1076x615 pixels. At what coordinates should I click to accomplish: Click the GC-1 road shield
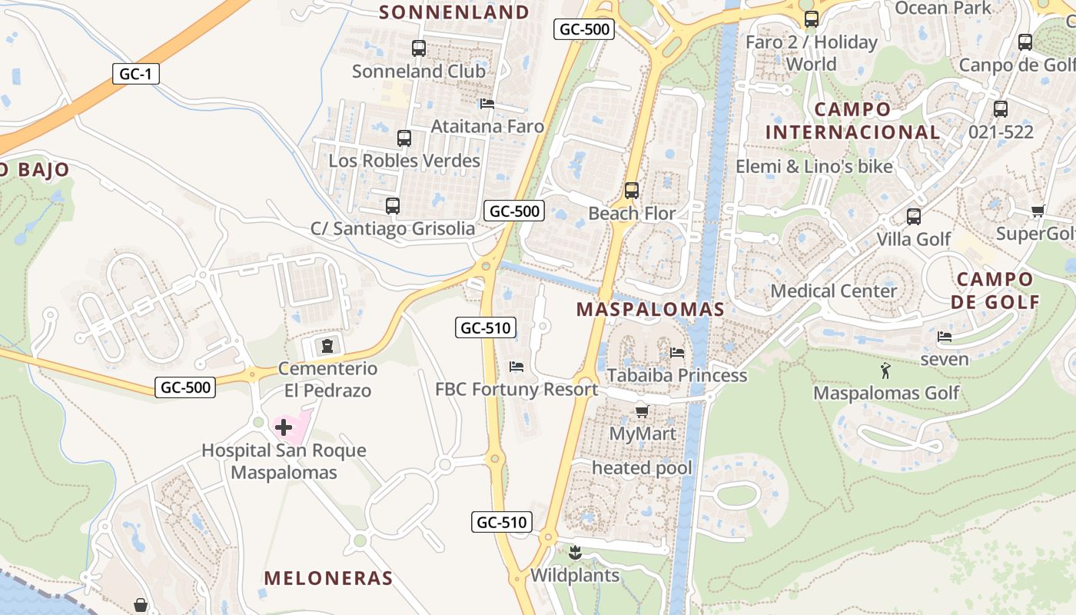(x=134, y=74)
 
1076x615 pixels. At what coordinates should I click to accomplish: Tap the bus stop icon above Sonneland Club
(x=418, y=48)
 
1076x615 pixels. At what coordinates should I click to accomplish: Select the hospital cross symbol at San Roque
(x=284, y=427)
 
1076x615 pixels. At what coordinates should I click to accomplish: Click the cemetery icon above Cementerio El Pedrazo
(x=328, y=345)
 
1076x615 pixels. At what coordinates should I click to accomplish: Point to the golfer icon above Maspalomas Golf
(x=885, y=371)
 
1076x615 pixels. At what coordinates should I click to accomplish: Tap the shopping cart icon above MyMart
(x=642, y=411)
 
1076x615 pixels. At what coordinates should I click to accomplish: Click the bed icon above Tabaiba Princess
(x=676, y=353)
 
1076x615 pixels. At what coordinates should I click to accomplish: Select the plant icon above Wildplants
(x=574, y=552)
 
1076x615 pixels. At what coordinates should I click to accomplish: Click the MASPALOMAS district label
(x=650, y=309)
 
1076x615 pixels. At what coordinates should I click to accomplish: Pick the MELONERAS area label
(x=328, y=578)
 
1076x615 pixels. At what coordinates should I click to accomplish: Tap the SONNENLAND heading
(x=454, y=12)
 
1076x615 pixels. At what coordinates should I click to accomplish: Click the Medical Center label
(x=833, y=291)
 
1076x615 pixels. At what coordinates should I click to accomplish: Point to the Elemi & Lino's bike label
(x=814, y=166)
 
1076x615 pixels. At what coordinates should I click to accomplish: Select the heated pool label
(x=642, y=467)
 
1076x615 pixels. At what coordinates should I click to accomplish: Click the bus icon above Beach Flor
(x=632, y=190)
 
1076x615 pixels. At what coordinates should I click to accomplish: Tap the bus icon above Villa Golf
(x=913, y=216)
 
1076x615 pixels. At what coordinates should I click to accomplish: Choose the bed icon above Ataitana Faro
(x=487, y=104)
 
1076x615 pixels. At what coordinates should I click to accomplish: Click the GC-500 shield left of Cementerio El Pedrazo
(x=185, y=387)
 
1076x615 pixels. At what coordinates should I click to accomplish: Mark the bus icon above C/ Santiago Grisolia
(x=392, y=206)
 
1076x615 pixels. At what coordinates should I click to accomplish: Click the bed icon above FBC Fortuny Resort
(x=516, y=367)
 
